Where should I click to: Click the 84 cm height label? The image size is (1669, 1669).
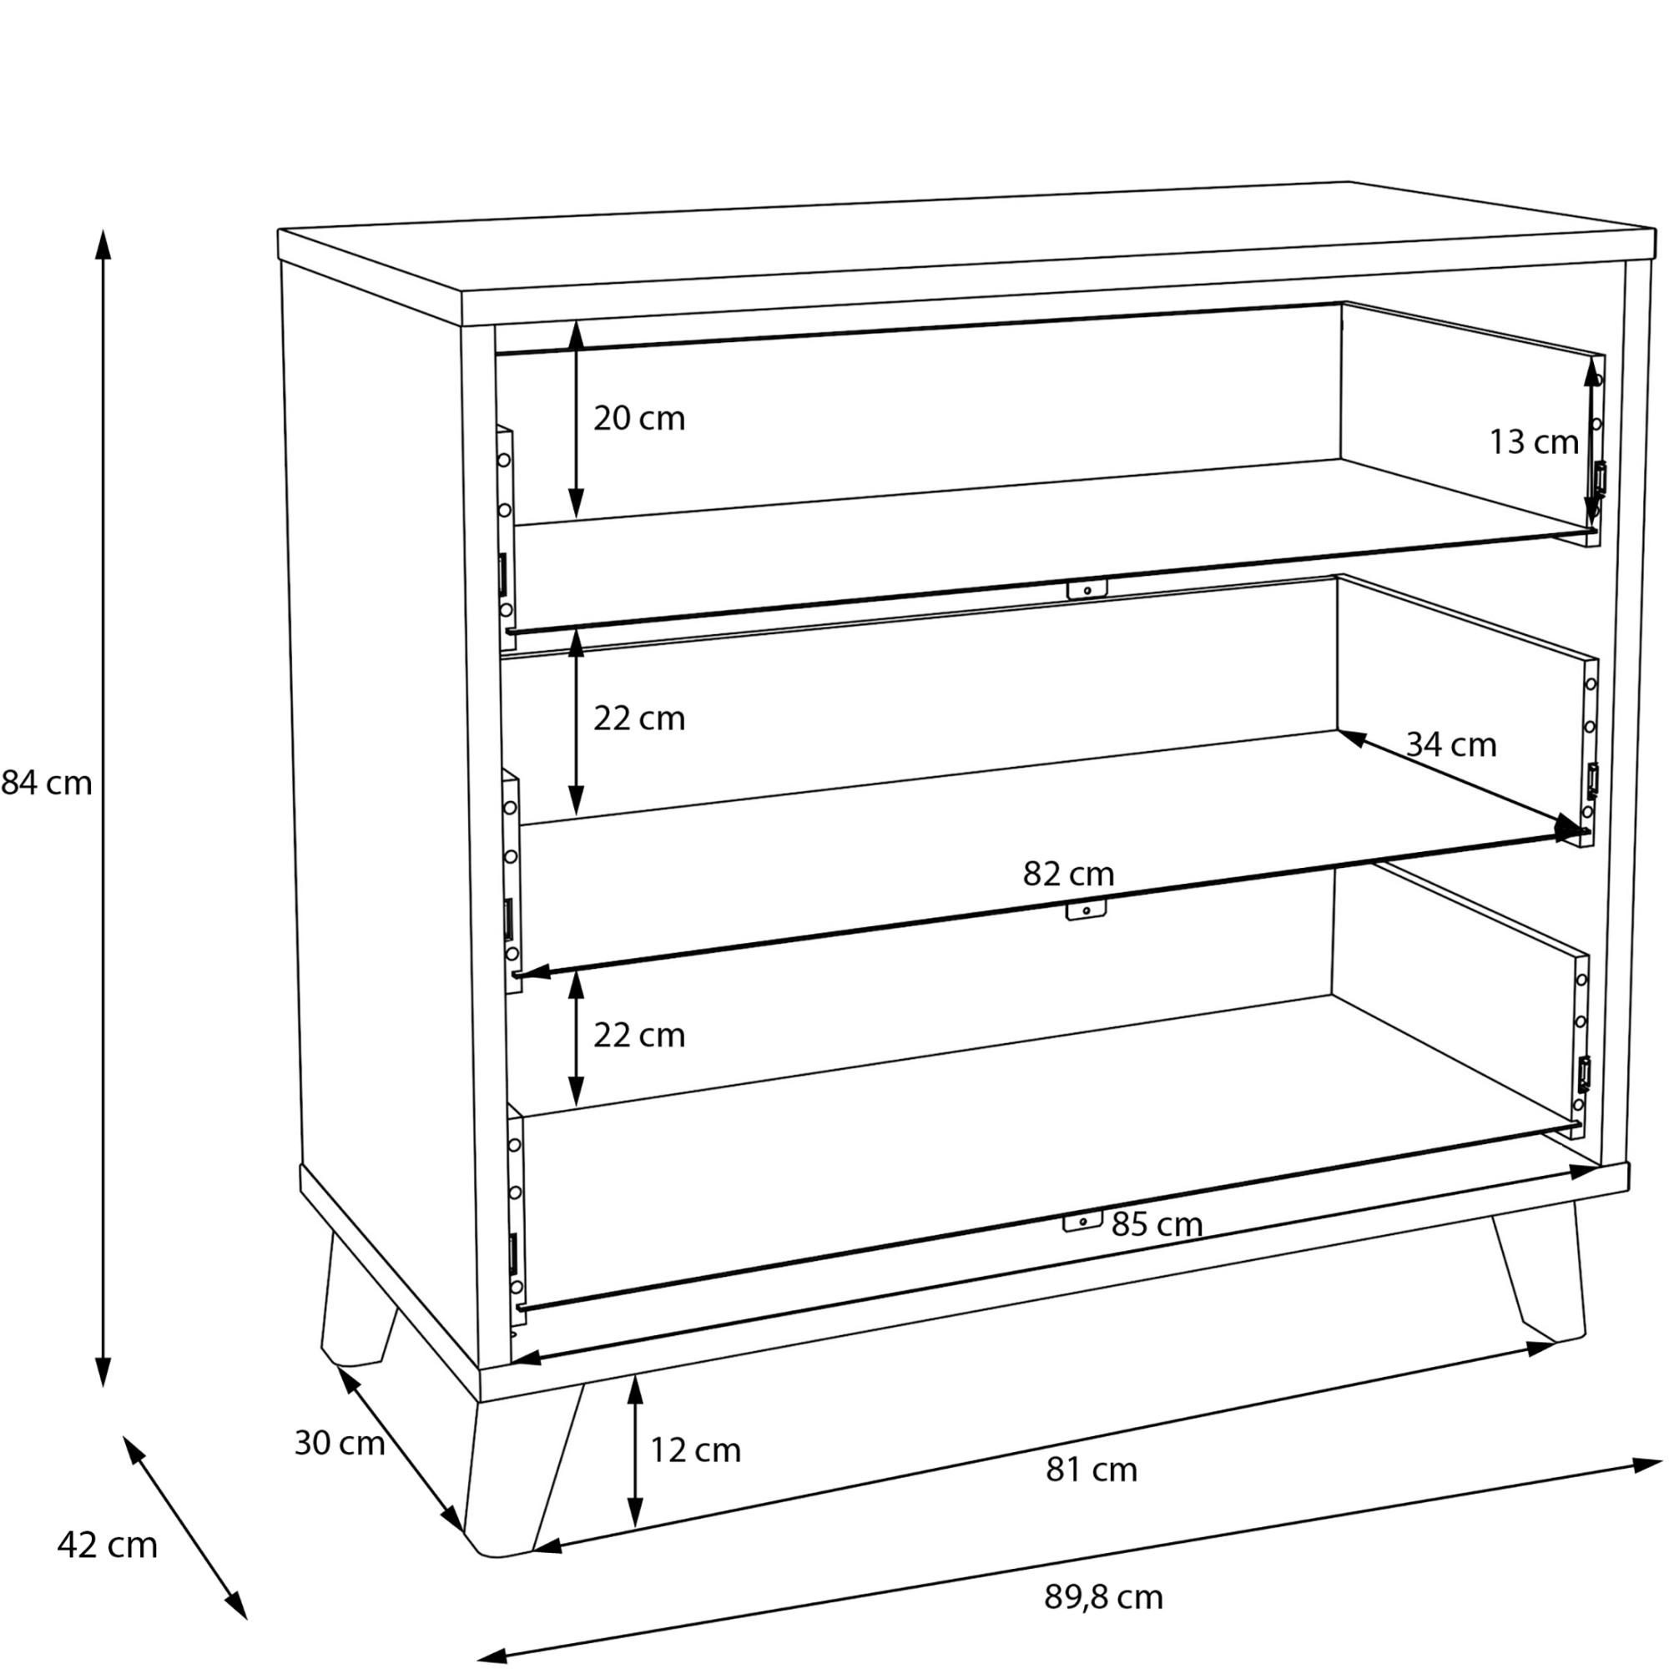tap(47, 784)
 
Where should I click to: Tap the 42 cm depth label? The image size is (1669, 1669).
tap(107, 1545)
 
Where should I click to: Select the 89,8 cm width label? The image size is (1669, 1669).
tap(1103, 1597)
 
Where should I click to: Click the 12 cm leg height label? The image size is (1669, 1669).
tap(694, 1450)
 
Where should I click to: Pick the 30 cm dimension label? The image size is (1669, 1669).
tap(339, 1444)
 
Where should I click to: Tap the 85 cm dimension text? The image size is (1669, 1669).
tap(1157, 1225)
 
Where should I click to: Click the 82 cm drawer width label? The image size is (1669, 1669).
tap(1068, 875)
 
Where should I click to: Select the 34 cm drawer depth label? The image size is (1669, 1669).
tap(1450, 744)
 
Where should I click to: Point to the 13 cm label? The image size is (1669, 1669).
tap(1533, 442)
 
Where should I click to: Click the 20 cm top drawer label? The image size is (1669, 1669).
tap(638, 419)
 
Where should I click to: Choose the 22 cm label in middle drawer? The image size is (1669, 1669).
tap(638, 719)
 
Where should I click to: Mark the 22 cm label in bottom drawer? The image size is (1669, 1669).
tap(638, 1036)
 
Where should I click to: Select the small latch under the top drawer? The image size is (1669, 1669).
tap(1087, 589)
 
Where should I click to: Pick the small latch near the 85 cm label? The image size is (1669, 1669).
tap(1082, 1221)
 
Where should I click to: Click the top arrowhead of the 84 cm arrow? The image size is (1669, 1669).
tap(103, 244)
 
